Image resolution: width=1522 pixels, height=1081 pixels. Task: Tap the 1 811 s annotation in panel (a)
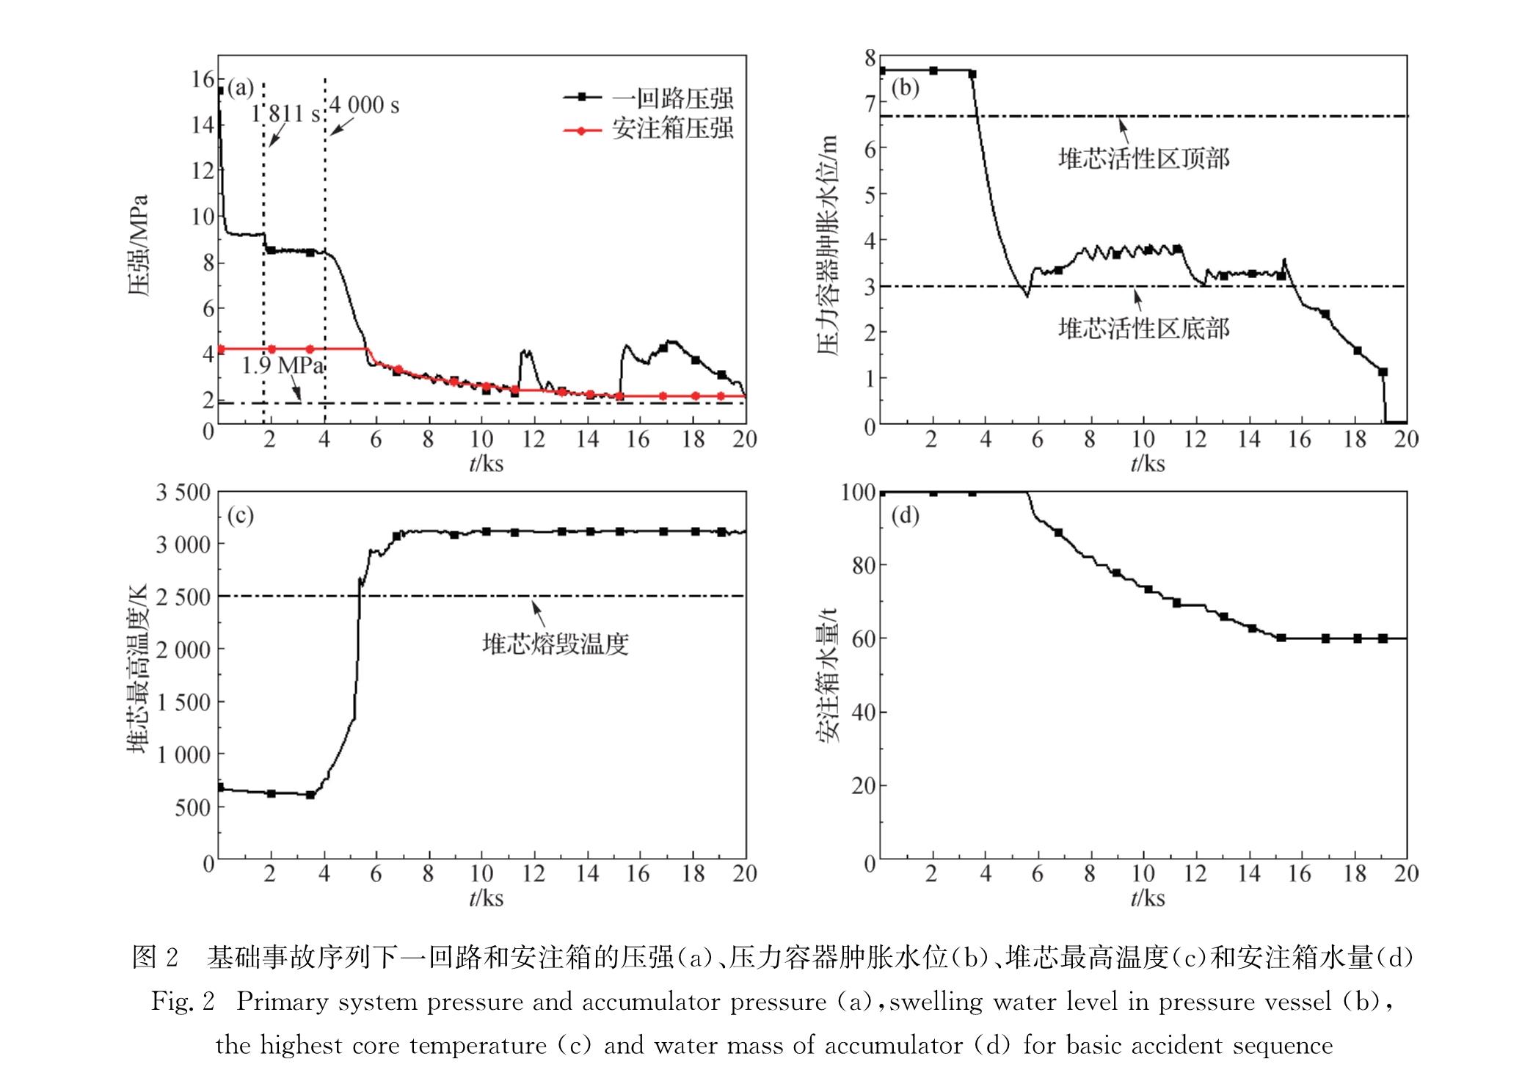tap(286, 114)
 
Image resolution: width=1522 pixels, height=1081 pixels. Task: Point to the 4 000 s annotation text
tap(364, 106)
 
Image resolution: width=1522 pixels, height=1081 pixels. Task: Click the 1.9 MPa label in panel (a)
tap(283, 365)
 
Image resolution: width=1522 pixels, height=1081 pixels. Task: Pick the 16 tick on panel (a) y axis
tap(203, 79)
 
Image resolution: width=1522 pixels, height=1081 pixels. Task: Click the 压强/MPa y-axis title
tap(139, 245)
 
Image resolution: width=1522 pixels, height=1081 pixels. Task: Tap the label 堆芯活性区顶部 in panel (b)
tap(1143, 159)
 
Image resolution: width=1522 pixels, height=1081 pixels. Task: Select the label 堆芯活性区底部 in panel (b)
tap(1143, 328)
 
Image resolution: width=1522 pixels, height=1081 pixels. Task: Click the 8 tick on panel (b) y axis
tap(870, 58)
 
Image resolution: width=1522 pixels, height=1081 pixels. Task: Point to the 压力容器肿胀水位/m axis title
tap(828, 245)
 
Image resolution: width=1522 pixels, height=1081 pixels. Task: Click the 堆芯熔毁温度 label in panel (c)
tap(555, 644)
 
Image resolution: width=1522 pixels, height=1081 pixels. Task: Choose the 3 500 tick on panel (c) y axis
tap(183, 492)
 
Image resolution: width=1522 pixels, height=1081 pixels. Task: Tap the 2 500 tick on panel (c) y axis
tap(183, 597)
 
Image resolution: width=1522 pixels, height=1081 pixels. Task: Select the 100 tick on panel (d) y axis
tap(859, 492)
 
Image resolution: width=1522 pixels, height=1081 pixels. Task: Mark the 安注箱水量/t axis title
tap(828, 675)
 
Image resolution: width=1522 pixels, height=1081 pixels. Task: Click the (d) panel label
tap(905, 516)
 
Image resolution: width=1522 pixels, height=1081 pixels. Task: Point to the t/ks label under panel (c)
tap(486, 898)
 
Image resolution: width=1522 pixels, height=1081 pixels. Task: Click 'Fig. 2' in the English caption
tap(183, 1002)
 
